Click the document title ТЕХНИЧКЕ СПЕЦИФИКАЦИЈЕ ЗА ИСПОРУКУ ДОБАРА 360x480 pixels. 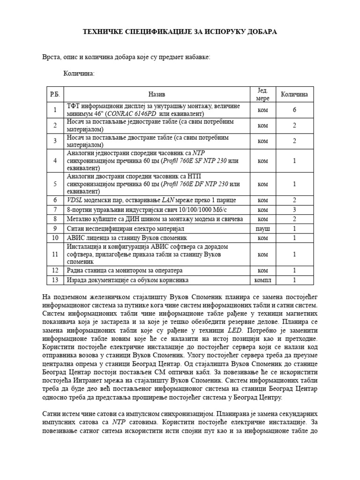click(180, 32)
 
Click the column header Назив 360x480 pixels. click(157, 94)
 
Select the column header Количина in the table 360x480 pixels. click(294, 94)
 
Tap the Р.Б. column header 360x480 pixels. click(55, 94)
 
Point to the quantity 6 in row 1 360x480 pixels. click(294, 110)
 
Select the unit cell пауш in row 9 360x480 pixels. click(263, 228)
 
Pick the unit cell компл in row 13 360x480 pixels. click(263, 280)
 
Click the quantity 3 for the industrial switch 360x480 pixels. click(294, 210)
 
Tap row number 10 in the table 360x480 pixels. click(55, 238)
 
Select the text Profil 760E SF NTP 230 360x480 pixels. click(195, 161)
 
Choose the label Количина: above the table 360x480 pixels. click(79, 74)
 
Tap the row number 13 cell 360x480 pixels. click(55, 280)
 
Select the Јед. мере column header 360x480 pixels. click(263, 94)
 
